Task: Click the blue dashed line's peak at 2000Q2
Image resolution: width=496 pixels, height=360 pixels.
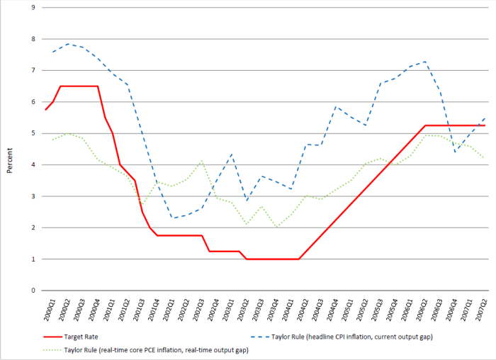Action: pos(69,44)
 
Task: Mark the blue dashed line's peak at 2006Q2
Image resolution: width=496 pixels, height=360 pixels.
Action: pos(424,62)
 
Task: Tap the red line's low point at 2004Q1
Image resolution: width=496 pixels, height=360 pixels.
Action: pos(299,259)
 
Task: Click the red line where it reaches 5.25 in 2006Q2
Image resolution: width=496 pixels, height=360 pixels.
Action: pos(424,125)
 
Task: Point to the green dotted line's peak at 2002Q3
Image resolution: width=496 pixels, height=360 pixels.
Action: pos(202,161)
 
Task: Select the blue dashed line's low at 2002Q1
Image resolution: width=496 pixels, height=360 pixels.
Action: pos(171,218)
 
